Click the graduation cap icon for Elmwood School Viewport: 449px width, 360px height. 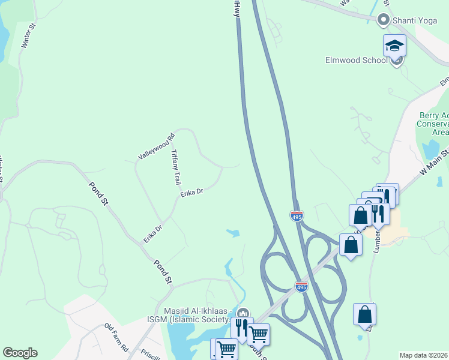pos(395,46)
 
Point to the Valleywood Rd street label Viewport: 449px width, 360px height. pos(155,145)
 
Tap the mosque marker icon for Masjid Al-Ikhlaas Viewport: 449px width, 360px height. pos(243,313)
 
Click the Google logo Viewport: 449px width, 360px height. pos(20,353)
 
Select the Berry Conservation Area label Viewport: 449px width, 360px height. pos(434,123)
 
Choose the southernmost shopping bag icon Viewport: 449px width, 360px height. pos(364,314)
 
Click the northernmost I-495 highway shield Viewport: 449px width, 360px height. pos(297,215)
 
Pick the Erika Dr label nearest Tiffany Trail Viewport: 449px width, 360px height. pos(192,192)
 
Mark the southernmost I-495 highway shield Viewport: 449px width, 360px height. pos(301,287)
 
